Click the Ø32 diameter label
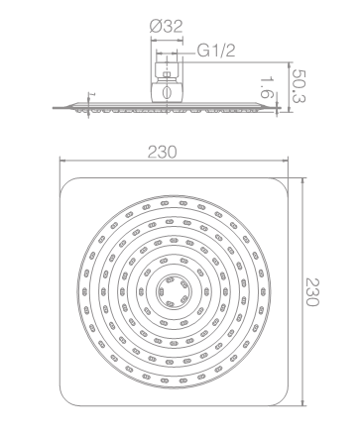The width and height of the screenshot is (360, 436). [x=166, y=27]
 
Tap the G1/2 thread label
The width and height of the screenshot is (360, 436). [x=216, y=51]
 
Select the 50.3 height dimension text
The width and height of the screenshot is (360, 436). [x=300, y=86]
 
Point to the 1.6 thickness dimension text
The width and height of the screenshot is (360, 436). [x=267, y=88]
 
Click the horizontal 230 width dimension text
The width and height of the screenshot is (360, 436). [x=163, y=153]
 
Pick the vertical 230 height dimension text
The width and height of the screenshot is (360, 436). [x=311, y=292]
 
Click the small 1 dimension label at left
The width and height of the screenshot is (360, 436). [x=92, y=95]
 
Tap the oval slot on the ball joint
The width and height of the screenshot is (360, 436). [x=168, y=92]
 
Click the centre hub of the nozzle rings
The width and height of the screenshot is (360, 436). [x=174, y=291]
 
